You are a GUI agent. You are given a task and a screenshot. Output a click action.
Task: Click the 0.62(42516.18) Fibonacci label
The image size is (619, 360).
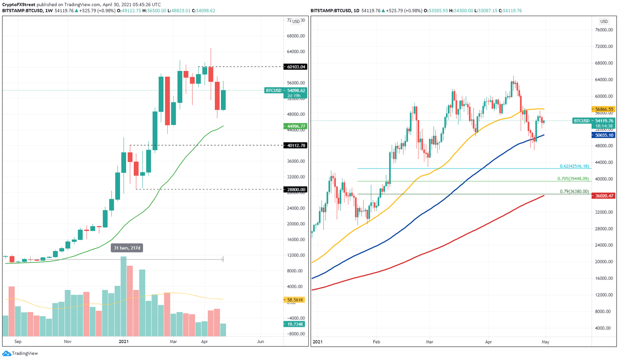tap(574, 166)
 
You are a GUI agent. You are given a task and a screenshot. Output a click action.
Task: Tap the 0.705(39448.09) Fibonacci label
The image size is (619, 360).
tap(573, 179)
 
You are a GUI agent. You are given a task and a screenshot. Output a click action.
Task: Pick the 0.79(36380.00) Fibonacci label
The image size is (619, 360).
tap(574, 191)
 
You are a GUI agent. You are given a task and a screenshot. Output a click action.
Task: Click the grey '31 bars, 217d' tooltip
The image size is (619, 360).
tap(127, 248)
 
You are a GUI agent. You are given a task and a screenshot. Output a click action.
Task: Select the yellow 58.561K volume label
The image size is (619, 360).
tap(295, 300)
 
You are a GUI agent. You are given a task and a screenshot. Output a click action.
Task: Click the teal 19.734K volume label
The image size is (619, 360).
tap(295, 324)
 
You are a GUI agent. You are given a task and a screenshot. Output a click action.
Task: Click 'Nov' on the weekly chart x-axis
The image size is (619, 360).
tap(67, 341)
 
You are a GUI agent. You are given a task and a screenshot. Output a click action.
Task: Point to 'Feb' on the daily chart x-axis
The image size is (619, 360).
tap(376, 342)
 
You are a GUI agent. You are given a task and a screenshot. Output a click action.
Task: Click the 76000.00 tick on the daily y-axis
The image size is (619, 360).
tap(606, 30)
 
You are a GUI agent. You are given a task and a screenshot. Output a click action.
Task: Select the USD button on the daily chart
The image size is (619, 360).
tap(604, 21)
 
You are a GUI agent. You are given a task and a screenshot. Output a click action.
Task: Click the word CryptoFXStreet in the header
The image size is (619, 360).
tap(19, 4)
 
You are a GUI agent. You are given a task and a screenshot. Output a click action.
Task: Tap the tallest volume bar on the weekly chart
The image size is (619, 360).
tap(123, 296)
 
